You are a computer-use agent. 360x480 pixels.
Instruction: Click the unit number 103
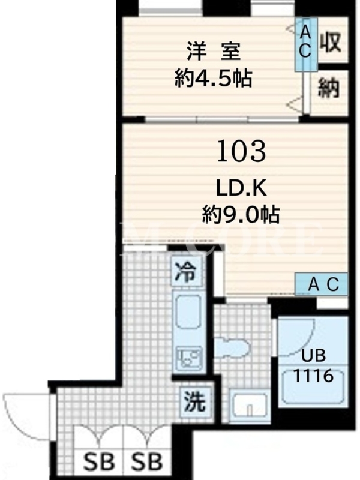(241, 151)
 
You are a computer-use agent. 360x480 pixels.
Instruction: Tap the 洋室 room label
(214, 52)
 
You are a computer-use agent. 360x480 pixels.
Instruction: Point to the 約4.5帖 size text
(214, 79)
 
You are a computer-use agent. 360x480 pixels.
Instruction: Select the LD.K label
(242, 189)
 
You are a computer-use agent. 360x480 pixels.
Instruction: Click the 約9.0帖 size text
(241, 214)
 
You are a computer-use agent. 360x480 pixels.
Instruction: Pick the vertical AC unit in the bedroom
(306, 44)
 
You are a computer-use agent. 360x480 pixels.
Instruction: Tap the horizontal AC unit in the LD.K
(322, 284)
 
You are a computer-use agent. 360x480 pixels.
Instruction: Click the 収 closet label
(331, 42)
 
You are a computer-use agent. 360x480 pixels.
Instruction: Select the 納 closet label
(328, 88)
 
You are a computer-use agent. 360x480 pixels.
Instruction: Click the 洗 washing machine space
(195, 401)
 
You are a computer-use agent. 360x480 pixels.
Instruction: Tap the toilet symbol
(232, 347)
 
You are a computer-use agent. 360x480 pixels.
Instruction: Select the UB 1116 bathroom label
(313, 366)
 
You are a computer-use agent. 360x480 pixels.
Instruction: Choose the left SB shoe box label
(99, 462)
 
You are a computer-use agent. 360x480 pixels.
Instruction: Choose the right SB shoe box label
(146, 462)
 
